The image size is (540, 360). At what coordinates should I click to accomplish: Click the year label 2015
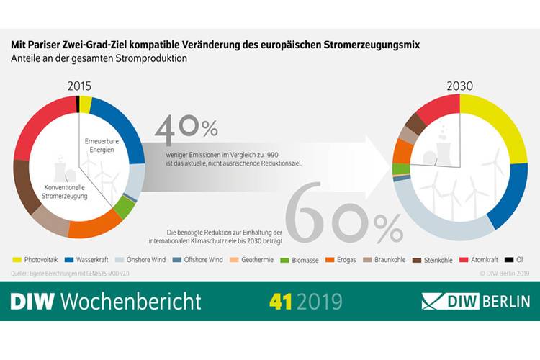point(79,86)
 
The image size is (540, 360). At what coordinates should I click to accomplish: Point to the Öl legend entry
point(516,259)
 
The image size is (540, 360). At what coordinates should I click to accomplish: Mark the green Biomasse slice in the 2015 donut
point(125,209)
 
